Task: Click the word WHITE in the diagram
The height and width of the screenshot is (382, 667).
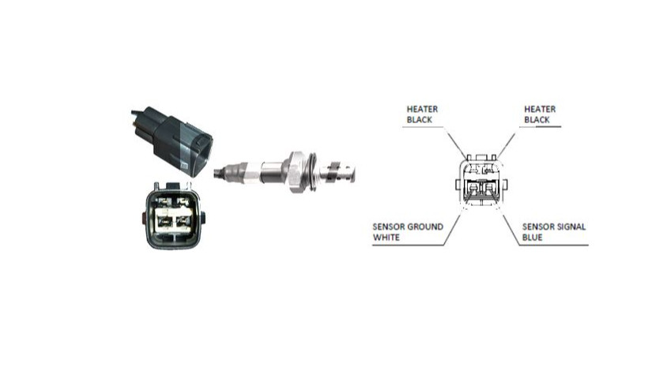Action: pyautogui.click(x=386, y=238)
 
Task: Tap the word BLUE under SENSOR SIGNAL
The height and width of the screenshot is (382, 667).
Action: pyautogui.click(x=532, y=238)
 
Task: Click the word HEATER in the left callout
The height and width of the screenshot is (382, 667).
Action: pyautogui.click(x=422, y=109)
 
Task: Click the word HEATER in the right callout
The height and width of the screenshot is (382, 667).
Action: pyautogui.click(x=540, y=109)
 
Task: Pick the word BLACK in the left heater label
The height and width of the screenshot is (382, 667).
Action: pyautogui.click(x=419, y=120)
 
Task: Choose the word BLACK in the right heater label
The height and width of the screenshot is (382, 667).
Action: pyautogui.click(x=537, y=120)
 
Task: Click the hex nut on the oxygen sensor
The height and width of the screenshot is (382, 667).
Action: pyautogui.click(x=297, y=172)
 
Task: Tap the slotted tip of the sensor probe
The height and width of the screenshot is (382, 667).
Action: pyautogui.click(x=341, y=173)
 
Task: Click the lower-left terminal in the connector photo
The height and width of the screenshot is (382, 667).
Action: pyautogui.click(x=163, y=220)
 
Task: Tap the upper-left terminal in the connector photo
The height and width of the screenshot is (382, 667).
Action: pyautogui.click(x=162, y=200)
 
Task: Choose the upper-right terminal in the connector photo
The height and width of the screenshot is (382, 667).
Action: pyautogui.click(x=183, y=200)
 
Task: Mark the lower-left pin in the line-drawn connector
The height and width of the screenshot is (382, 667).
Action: pyautogui.click(x=473, y=186)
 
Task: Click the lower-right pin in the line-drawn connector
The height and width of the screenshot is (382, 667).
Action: pyautogui.click(x=490, y=186)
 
